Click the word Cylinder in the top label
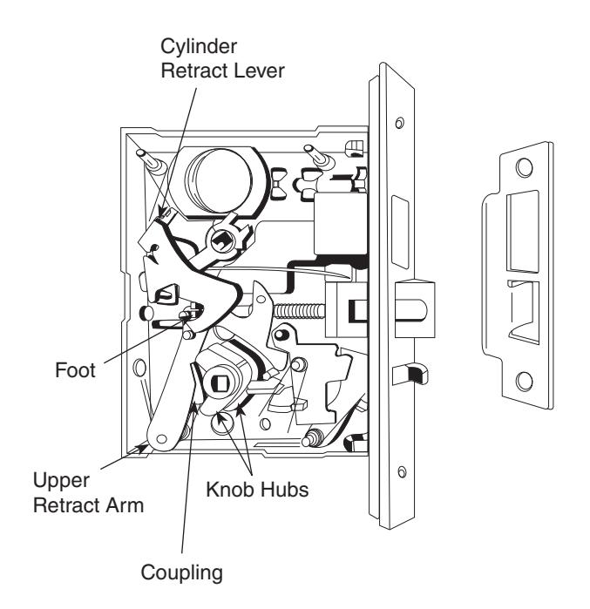pyautogui.click(x=199, y=47)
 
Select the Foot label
pyautogui.click(x=75, y=369)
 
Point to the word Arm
pyautogui.click(x=125, y=505)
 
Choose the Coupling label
pyautogui.click(x=182, y=573)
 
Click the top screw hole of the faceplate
pyautogui.click(x=399, y=123)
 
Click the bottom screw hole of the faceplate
pyautogui.click(x=402, y=472)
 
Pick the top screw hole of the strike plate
pyautogui.click(x=524, y=167)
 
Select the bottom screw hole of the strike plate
pyautogui.click(x=524, y=381)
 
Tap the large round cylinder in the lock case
pyautogui.click(x=220, y=179)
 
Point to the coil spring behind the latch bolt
pyautogui.click(x=299, y=311)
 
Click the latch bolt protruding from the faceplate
pyautogui.click(x=415, y=308)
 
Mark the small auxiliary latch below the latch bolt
pyautogui.click(x=410, y=374)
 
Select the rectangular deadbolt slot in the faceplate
pyautogui.click(x=400, y=233)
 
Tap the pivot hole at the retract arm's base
pyautogui.click(x=161, y=439)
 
